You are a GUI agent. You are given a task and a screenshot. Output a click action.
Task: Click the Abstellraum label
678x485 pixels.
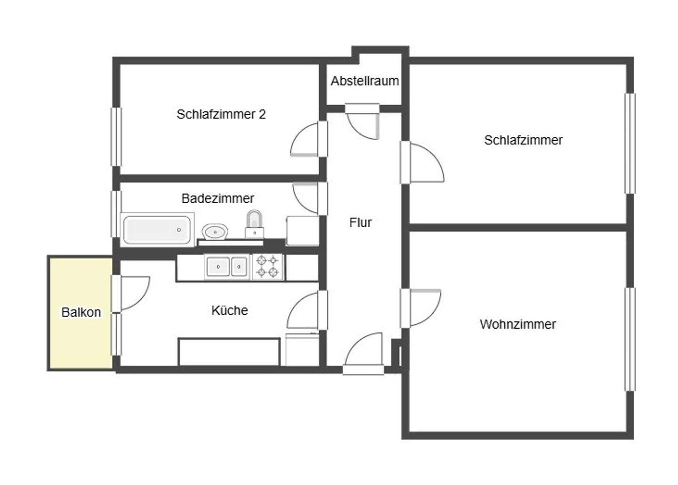point(364,81)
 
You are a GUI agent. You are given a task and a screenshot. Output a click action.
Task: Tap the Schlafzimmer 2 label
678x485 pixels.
point(221,114)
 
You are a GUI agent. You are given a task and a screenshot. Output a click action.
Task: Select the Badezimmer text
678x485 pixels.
point(218,199)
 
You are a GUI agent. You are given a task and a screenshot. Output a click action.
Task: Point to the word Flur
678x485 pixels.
point(360,223)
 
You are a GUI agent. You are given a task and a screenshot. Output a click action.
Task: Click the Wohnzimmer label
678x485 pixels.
point(517,324)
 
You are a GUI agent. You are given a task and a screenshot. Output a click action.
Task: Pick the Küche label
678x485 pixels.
point(229,310)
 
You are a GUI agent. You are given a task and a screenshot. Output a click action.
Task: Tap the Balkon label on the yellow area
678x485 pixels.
point(81,312)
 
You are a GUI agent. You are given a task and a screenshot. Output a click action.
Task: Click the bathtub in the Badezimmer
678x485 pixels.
point(157,230)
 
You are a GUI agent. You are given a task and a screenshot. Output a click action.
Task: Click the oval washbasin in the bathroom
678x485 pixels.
point(215,231)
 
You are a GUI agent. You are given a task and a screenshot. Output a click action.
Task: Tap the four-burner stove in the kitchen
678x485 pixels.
point(268,267)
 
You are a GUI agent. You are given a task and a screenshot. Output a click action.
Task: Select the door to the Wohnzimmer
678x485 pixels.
point(421,308)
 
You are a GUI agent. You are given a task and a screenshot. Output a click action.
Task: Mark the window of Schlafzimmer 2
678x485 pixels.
point(115,136)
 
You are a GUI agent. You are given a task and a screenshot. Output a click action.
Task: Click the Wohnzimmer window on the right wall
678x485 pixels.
point(630,339)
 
